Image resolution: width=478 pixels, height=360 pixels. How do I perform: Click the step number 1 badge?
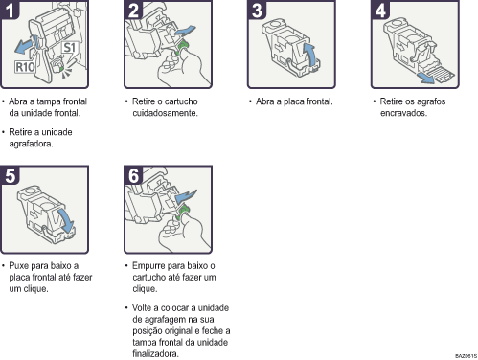coord(10,11)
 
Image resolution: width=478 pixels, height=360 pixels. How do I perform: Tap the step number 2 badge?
coord(133,11)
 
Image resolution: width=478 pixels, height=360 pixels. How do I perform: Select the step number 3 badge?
coord(257,11)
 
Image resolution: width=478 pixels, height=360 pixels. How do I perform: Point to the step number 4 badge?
coord(380,11)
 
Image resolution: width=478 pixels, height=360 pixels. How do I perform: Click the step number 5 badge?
coord(10,175)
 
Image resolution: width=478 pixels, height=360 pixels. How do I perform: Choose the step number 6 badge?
coord(133,175)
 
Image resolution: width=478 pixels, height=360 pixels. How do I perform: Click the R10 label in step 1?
coord(25,67)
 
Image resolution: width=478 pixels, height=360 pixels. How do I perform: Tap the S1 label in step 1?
coord(70,48)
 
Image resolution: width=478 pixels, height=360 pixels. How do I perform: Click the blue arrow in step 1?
coord(24,46)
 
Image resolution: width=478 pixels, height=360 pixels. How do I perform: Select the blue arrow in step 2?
coord(185,32)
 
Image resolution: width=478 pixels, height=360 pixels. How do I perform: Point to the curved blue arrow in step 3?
coord(309,55)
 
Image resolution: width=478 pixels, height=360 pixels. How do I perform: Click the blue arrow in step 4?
coord(426,79)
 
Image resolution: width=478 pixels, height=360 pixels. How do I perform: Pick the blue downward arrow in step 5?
coord(66,221)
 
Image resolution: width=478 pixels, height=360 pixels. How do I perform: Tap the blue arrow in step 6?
coord(186,196)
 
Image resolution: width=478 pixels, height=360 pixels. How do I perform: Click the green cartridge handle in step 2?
coord(183,47)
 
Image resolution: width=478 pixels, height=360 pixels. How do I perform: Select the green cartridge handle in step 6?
coord(183,212)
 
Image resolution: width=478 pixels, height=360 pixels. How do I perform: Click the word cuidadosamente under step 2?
coord(165,113)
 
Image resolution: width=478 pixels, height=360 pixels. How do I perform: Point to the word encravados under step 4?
coord(403,113)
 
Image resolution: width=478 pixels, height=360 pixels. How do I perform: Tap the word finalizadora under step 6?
coord(155,353)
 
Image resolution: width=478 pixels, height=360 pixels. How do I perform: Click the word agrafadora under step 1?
coord(31,144)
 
